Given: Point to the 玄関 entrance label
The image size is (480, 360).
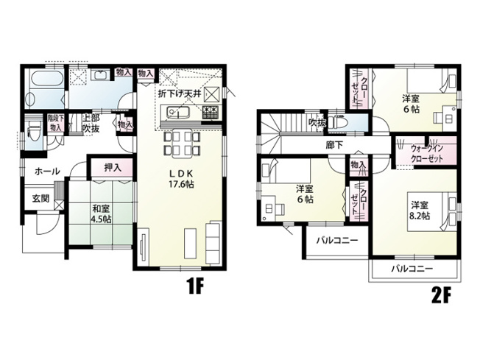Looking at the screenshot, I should pyautogui.click(x=39, y=198).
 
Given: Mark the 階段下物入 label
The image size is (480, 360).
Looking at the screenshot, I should pyautogui.click(x=56, y=122).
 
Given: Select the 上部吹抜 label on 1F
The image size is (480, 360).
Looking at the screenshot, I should pyautogui.click(x=91, y=123).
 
